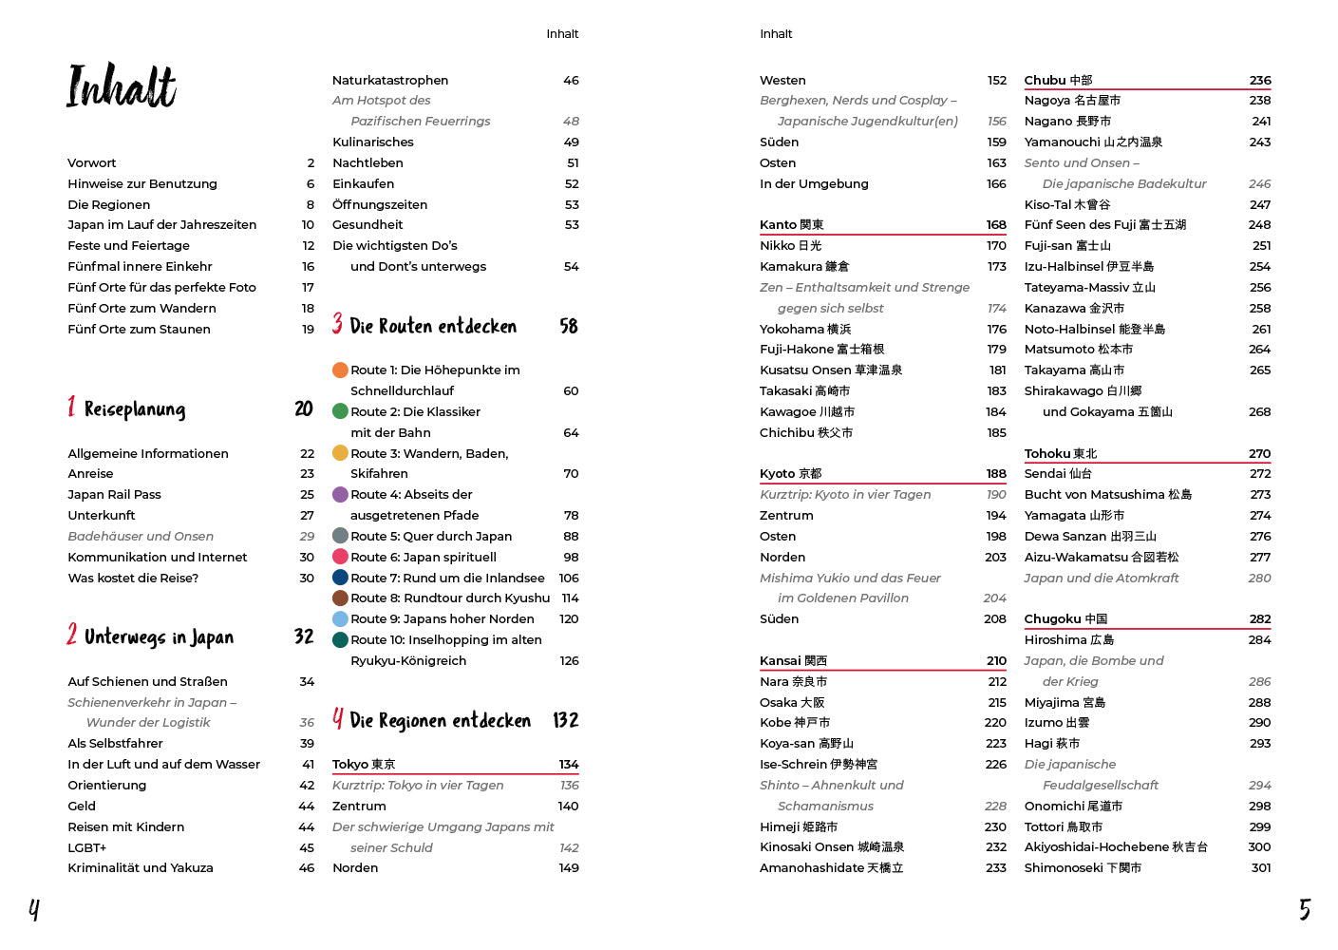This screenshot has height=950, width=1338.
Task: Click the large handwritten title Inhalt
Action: pyautogui.click(x=122, y=86)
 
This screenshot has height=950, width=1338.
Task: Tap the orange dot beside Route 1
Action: pyautogui.click(x=340, y=370)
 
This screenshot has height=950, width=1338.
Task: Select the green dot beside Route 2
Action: pyautogui.click(x=340, y=411)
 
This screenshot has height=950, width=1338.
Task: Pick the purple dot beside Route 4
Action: pyautogui.click(x=340, y=495)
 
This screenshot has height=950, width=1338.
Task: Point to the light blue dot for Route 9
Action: pyautogui.click(x=340, y=619)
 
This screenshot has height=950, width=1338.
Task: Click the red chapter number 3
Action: pyautogui.click(x=337, y=325)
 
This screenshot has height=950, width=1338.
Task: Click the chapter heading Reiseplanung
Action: pyautogui.click(x=135, y=409)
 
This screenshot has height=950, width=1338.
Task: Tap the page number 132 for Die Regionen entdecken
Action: pyautogui.click(x=565, y=721)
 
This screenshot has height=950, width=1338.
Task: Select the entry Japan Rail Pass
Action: pyautogui.click(x=114, y=495)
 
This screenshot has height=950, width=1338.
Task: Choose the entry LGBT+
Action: pyautogui.click(x=86, y=847)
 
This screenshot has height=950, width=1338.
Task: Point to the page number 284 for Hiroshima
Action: pyautogui.click(x=1259, y=640)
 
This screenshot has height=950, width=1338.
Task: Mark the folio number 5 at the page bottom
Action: pyautogui.click(x=1305, y=910)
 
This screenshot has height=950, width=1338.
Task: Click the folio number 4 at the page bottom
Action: pyautogui.click(x=34, y=910)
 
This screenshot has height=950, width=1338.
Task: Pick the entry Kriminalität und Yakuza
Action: pyautogui.click(x=141, y=868)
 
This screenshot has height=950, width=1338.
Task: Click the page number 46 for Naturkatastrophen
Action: pyautogui.click(x=571, y=81)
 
